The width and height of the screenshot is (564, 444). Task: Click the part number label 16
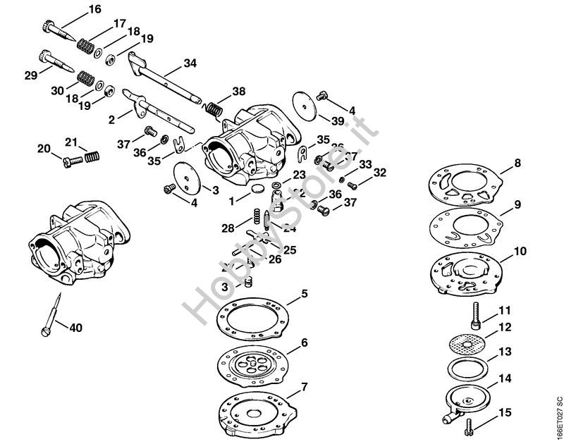click(95, 9)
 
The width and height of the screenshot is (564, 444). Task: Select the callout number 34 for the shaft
click(190, 63)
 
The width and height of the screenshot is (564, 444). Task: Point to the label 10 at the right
click(520, 251)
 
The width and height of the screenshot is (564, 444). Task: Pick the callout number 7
click(304, 386)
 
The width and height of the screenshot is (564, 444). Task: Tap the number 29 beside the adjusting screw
click(30, 74)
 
